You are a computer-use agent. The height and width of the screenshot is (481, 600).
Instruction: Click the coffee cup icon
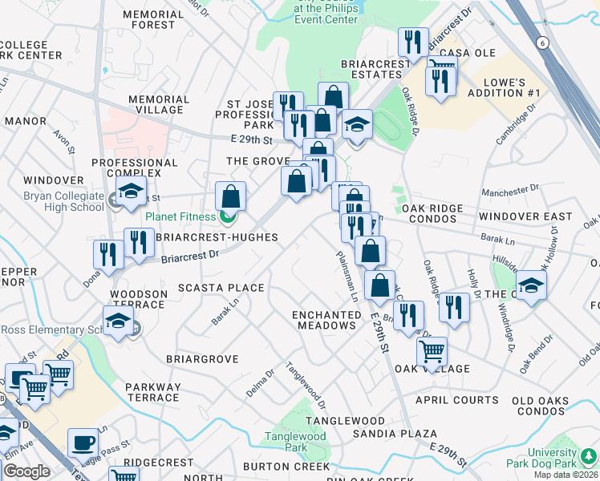[83, 443]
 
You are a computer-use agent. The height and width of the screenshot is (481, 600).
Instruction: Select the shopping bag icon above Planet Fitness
[230, 196]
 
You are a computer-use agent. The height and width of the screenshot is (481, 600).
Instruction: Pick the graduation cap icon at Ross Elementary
[119, 321]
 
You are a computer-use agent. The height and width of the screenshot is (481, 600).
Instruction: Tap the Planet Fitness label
[180, 216]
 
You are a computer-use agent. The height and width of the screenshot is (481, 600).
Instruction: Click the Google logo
[26, 471]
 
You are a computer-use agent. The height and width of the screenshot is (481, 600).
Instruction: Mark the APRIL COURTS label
[456, 400]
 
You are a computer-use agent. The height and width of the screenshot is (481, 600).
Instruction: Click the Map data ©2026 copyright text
[566, 475]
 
